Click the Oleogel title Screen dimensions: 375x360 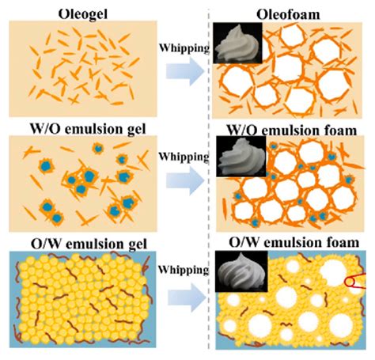click(x=83, y=14)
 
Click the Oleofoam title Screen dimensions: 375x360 click(x=288, y=14)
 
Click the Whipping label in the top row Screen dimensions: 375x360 click(x=184, y=48)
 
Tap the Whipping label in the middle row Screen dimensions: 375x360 click(x=184, y=157)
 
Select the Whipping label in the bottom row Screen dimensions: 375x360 click(x=184, y=270)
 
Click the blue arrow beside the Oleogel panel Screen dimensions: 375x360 click(x=185, y=71)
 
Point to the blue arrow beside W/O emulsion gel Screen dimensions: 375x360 click(x=185, y=181)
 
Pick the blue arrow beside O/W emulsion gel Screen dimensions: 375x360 click(x=187, y=297)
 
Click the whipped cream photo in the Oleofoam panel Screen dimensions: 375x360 click(x=237, y=43)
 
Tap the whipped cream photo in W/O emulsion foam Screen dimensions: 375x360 click(x=241, y=157)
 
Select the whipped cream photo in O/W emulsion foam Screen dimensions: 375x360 click(x=241, y=271)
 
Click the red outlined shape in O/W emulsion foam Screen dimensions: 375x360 click(x=355, y=282)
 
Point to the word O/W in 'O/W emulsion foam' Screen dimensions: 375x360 click(x=244, y=242)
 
